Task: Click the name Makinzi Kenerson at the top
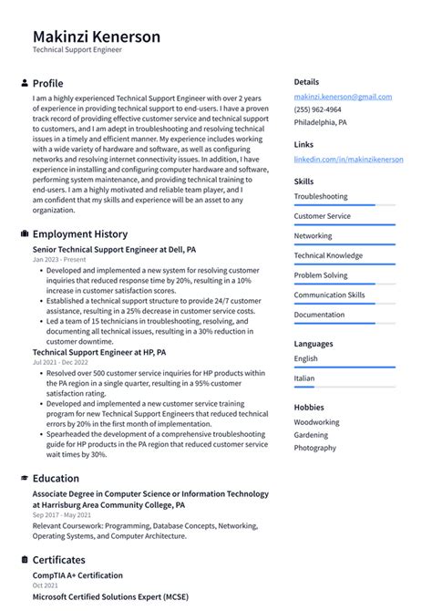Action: [97, 36]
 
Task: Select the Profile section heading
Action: [47, 83]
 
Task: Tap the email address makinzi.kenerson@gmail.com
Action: [343, 97]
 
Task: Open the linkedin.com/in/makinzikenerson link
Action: [348, 160]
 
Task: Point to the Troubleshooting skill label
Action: [320, 196]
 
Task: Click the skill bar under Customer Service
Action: [345, 224]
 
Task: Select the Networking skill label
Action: [313, 235]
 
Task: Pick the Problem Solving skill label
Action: [320, 274]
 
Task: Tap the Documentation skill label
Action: [319, 315]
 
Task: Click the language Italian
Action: [304, 378]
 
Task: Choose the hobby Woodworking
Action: [316, 422]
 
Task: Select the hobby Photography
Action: [315, 448]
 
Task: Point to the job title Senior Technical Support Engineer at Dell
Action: [114, 248]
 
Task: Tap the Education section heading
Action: [56, 478]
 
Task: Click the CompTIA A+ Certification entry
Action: [77, 575]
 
